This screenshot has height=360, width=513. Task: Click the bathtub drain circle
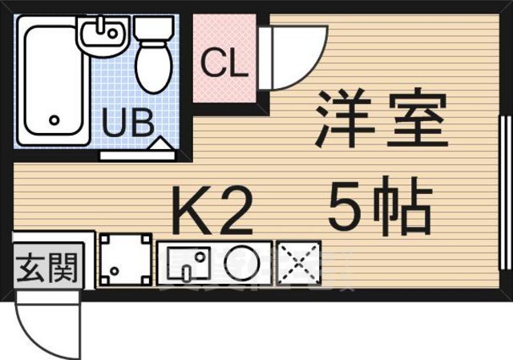tap(55, 120)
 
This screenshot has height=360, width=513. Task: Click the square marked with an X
tap(298, 262)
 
